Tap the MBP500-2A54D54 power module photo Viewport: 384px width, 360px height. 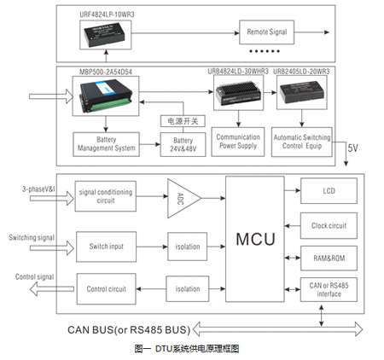point(106,98)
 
